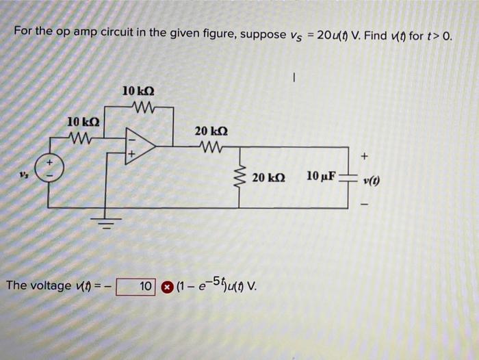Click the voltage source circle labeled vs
click(49, 169)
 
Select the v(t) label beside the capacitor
click(373, 181)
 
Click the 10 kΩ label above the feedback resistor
click(138, 90)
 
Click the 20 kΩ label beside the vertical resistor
click(268, 177)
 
